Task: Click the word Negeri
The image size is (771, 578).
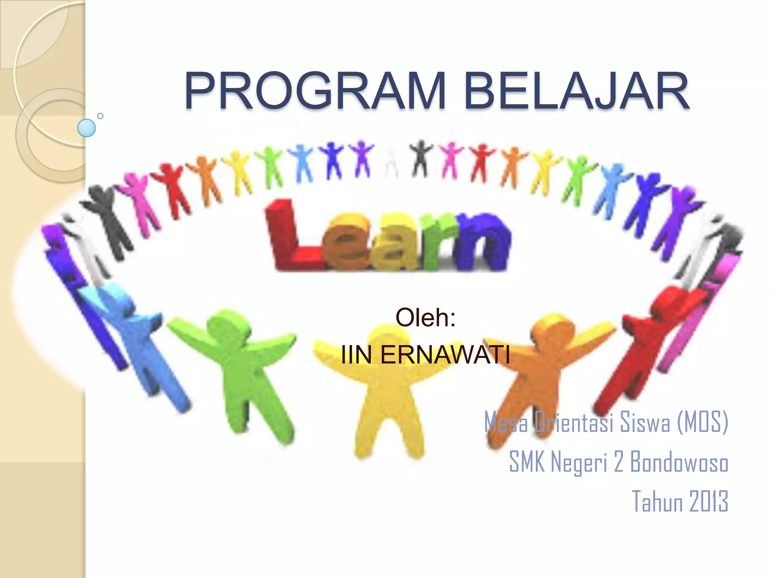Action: coord(579,462)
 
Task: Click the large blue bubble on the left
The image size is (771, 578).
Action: coord(86,128)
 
